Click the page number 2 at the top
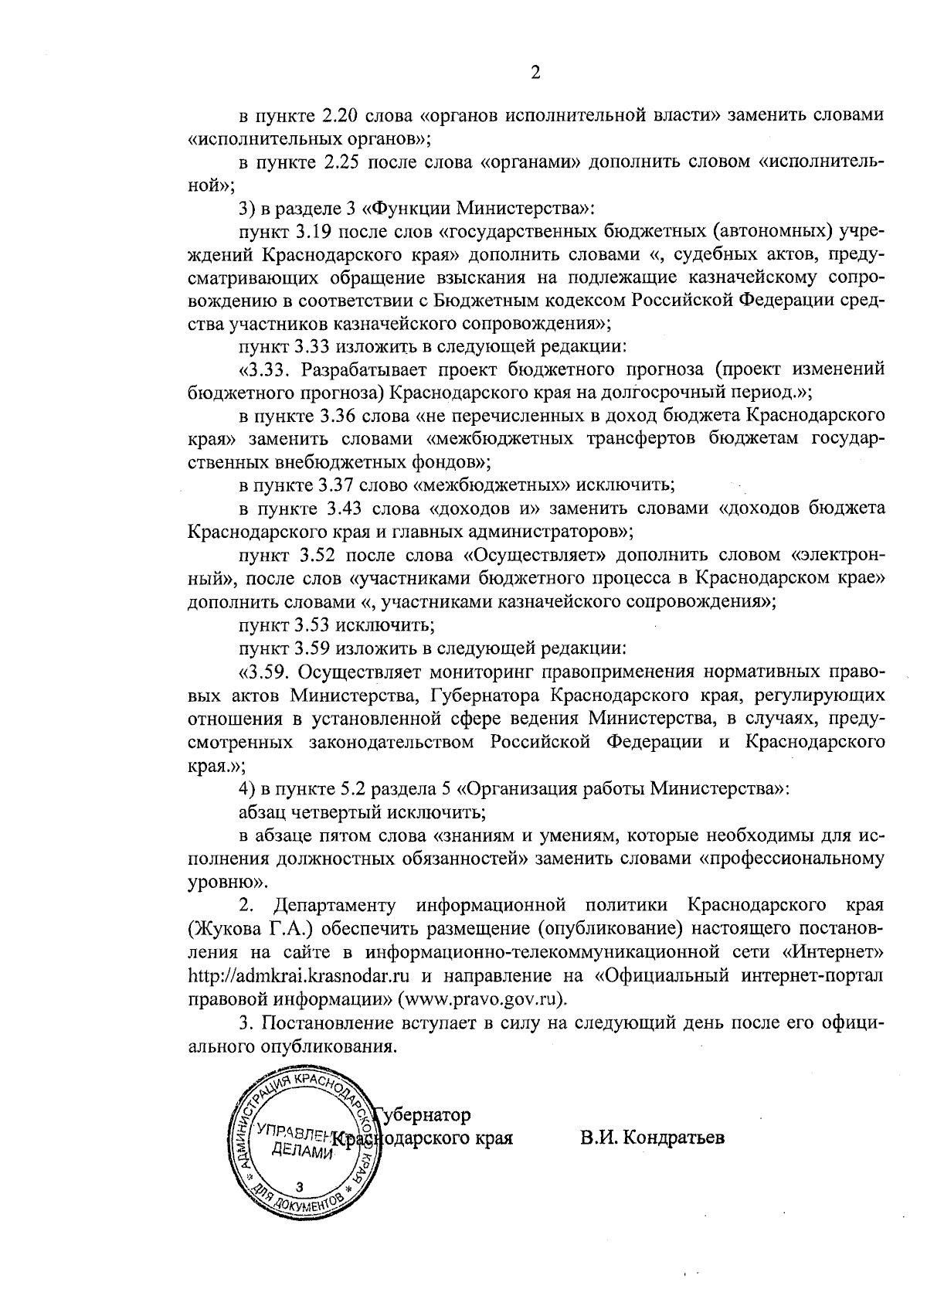pyautogui.click(x=535, y=73)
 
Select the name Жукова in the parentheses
pyautogui.click(x=226, y=927)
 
